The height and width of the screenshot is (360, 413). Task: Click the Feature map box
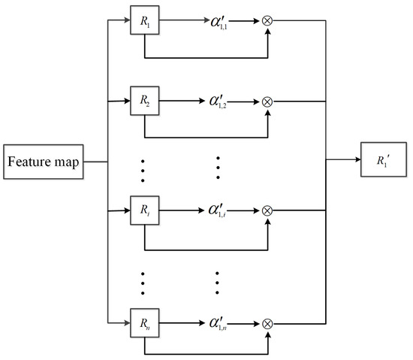point(43,161)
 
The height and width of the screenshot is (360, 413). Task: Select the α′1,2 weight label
point(225,100)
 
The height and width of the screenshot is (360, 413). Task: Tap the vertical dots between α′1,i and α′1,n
point(218,282)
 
